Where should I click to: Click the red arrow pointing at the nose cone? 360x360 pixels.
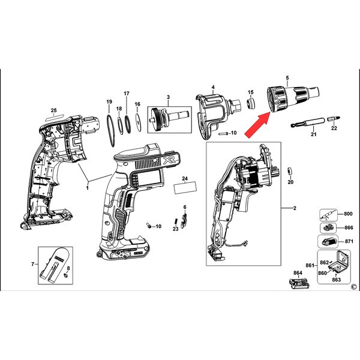(x=258, y=124)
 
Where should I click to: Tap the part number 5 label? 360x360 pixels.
(x=287, y=78)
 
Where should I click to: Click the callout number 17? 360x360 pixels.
(x=127, y=94)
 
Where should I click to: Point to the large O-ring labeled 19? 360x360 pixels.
(x=110, y=130)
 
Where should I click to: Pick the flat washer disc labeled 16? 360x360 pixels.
(x=138, y=123)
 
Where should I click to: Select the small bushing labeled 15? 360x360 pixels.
(x=251, y=103)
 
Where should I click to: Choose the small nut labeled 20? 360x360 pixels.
(x=290, y=171)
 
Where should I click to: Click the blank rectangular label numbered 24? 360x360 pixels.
(x=185, y=188)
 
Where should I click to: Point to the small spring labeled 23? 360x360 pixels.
(x=176, y=221)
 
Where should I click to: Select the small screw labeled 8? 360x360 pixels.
(x=66, y=275)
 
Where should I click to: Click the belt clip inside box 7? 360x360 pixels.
(x=53, y=265)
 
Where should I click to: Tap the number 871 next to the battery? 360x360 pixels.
(x=349, y=242)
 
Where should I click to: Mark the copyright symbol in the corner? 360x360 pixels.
(x=355, y=287)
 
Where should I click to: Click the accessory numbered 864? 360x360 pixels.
(x=299, y=284)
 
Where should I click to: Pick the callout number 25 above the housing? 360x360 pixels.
(x=54, y=110)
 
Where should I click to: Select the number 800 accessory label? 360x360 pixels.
(x=348, y=214)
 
